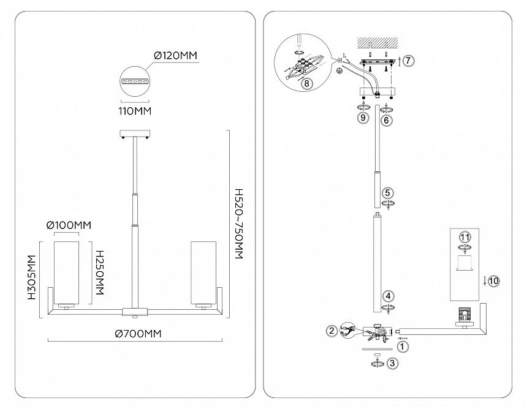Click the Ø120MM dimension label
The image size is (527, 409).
pos(175,56)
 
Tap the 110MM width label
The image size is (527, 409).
pos(135,111)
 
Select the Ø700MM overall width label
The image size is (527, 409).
pos(138,334)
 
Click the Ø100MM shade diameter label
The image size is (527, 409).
pos(69,225)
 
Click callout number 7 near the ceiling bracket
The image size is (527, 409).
pos(409,61)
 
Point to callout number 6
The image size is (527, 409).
pos(386,121)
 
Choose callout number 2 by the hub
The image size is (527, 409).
pos(332,331)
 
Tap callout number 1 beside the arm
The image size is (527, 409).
pos(402,347)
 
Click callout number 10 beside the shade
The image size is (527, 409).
pos(494,280)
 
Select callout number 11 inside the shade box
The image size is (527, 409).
pos(464,237)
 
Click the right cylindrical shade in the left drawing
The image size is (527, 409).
pos(203,272)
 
